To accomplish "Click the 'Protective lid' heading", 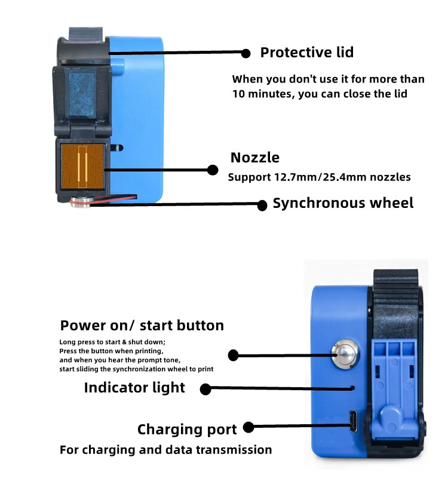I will click(x=306, y=53).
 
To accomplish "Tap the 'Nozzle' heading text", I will click(x=255, y=158).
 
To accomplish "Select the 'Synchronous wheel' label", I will click(x=343, y=203).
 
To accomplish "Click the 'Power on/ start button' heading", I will click(x=142, y=326).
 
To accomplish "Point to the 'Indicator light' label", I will click(x=134, y=388).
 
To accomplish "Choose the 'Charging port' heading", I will click(x=187, y=429).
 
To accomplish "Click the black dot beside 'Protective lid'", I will click(x=246, y=53).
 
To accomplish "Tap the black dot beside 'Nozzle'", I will click(x=212, y=170).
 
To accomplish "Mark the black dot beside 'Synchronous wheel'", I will click(x=262, y=205).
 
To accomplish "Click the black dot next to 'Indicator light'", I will click(x=205, y=389).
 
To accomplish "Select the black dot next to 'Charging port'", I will click(x=249, y=427).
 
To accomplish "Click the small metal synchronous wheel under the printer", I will click(x=79, y=203).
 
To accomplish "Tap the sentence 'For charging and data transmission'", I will click(x=165, y=450).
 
